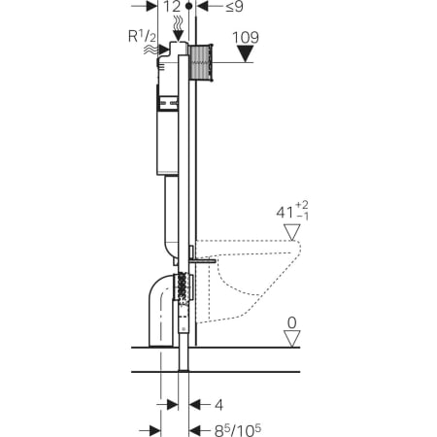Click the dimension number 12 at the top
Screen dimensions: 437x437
tap(172, 7)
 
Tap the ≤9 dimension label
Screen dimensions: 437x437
tap(234, 7)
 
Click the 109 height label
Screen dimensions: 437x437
tap(246, 38)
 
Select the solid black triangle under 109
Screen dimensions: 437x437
tap(245, 53)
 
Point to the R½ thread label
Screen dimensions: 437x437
tap(142, 36)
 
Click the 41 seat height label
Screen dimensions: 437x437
tap(292, 212)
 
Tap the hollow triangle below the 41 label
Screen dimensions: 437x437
tap(292, 232)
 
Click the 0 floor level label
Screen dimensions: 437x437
tap(292, 322)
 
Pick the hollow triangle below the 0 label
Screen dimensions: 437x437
tap(292, 339)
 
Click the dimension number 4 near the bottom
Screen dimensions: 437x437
tap(219, 405)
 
